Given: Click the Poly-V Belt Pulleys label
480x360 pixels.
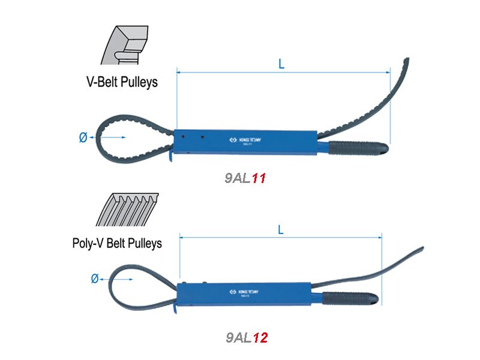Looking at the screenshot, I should [x=117, y=243].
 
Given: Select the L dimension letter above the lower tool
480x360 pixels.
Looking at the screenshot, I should [x=281, y=229].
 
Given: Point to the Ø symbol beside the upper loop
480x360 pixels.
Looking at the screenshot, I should [x=83, y=138].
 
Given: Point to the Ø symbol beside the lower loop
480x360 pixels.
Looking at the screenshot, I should [x=94, y=279].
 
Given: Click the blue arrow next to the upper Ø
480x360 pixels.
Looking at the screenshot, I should [x=108, y=138].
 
